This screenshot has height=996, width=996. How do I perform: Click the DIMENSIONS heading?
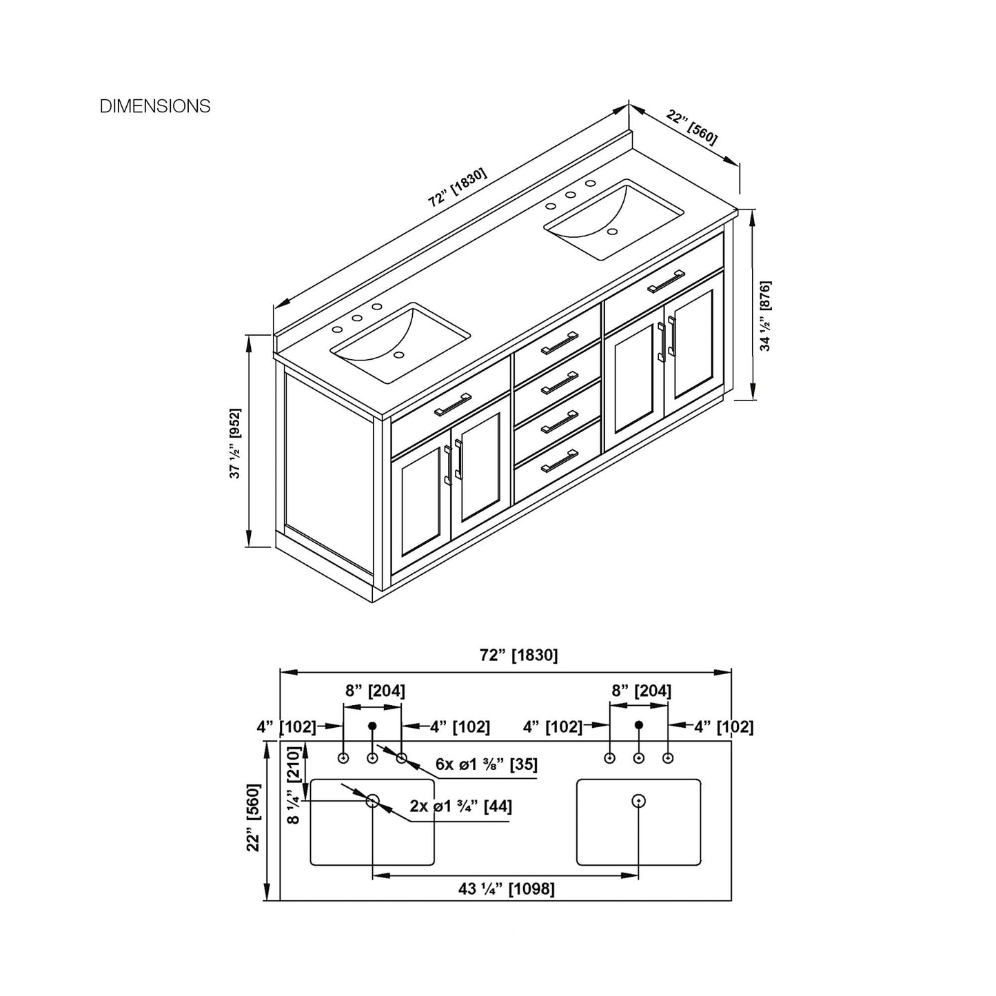[x=155, y=106]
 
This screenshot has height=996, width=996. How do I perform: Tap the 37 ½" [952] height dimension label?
[x=235, y=443]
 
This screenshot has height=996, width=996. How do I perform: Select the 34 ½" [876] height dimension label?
[x=766, y=316]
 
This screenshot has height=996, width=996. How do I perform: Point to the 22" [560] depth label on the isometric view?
[x=691, y=128]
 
